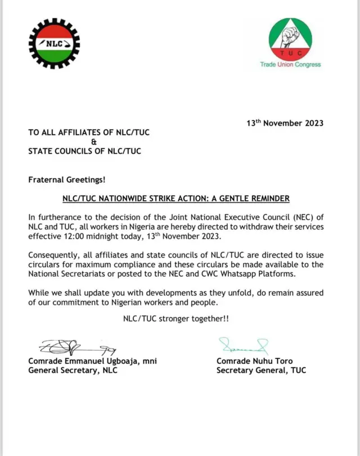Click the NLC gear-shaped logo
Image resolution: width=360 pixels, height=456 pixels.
tap(54, 43)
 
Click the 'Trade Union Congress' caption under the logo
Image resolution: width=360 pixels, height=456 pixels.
tap(290, 65)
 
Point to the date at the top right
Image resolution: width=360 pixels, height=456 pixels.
tap(285, 123)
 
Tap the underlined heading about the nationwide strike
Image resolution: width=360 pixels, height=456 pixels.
tap(175, 198)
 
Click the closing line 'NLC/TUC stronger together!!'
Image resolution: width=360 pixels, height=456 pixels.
tap(175, 318)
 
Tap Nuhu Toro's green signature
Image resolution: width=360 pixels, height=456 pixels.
tap(243, 345)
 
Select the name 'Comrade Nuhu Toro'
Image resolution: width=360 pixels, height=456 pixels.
tap(255, 361)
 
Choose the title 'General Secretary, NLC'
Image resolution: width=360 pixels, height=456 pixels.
tap(73, 371)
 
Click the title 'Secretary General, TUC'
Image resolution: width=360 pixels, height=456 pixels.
tap(261, 371)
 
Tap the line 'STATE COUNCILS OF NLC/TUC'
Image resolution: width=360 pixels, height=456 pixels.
tap(84, 151)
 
